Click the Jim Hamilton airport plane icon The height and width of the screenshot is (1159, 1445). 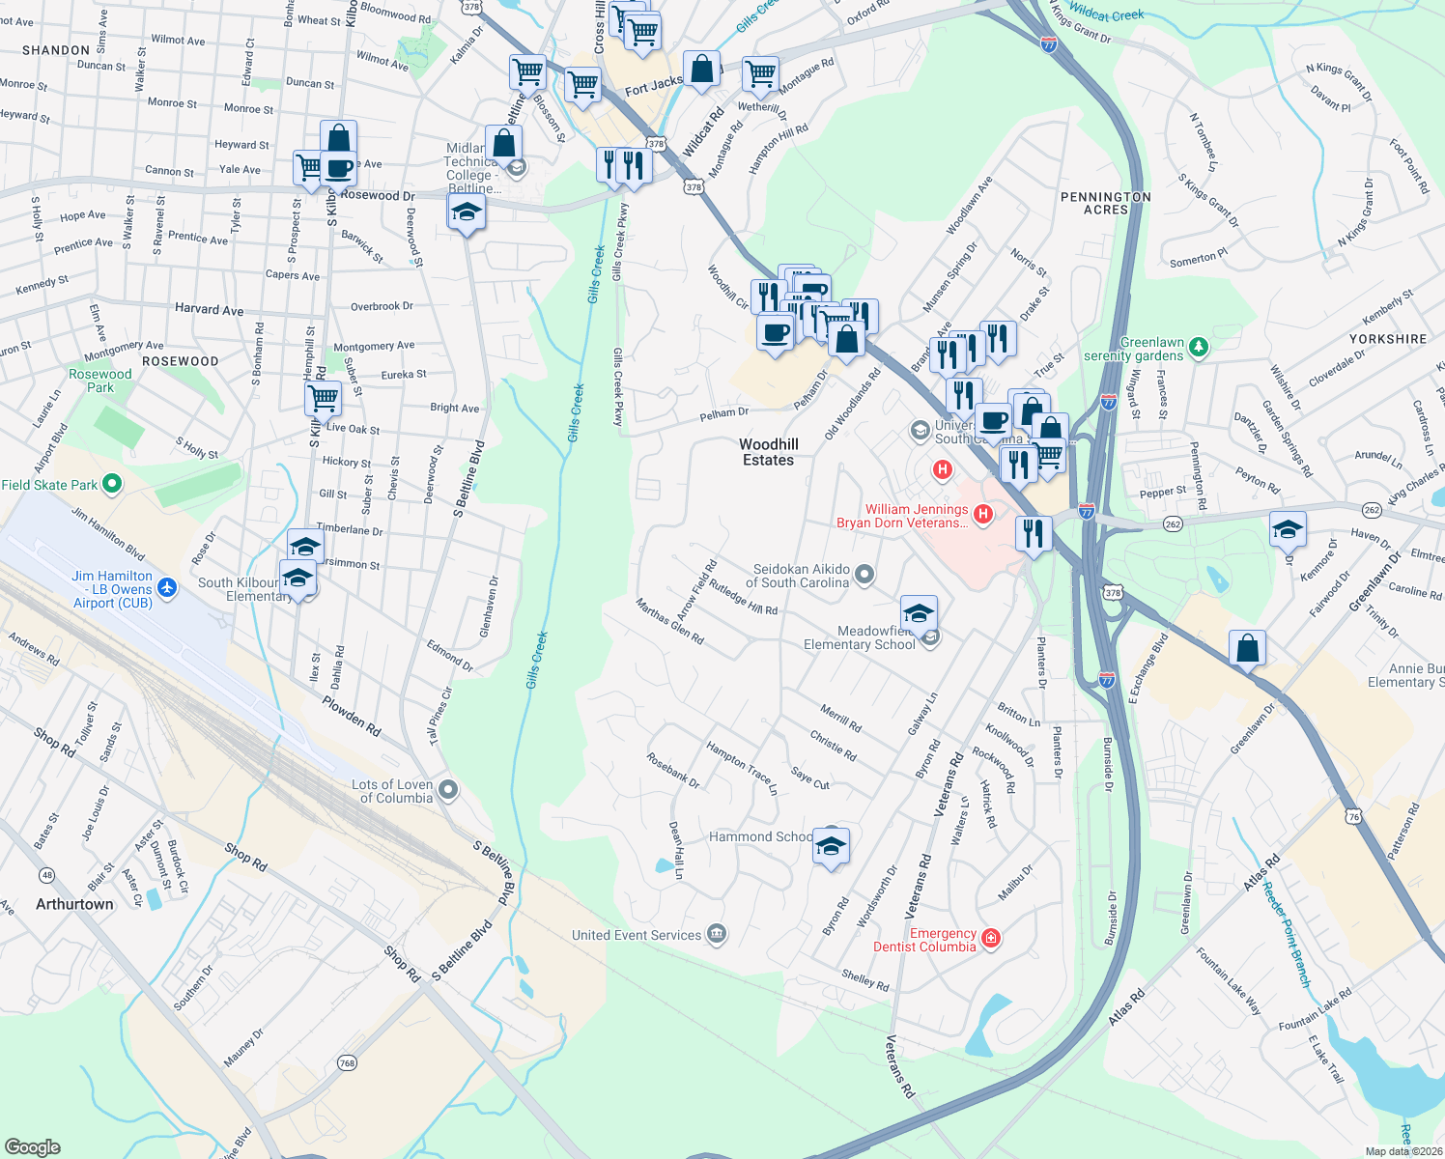pos(167,587)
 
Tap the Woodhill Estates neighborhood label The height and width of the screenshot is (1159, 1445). pos(769,452)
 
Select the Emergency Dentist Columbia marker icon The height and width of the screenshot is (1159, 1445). pos(991,938)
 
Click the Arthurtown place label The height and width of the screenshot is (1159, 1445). pos(74,904)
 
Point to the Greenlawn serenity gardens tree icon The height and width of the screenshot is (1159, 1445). pos(1199,346)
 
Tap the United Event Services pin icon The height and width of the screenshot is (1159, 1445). pos(716,934)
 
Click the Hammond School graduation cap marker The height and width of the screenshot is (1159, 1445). pos(831,847)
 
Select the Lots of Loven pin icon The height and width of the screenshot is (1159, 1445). pos(447,790)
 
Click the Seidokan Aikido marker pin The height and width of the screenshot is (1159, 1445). pos(864,576)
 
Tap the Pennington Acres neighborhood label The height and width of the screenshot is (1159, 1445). pos(1105,203)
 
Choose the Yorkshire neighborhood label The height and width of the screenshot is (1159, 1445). pos(1387,339)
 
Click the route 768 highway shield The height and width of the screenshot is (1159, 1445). pos(347,1062)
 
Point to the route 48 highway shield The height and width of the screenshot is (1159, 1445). pos(46,875)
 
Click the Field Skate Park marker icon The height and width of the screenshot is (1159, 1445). pos(112,483)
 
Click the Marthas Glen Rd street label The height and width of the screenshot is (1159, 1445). pos(669,621)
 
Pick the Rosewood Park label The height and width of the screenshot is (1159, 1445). pos(100,381)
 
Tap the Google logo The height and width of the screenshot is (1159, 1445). pos(32,1146)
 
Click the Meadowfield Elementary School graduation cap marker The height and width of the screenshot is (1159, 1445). pos(919,612)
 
